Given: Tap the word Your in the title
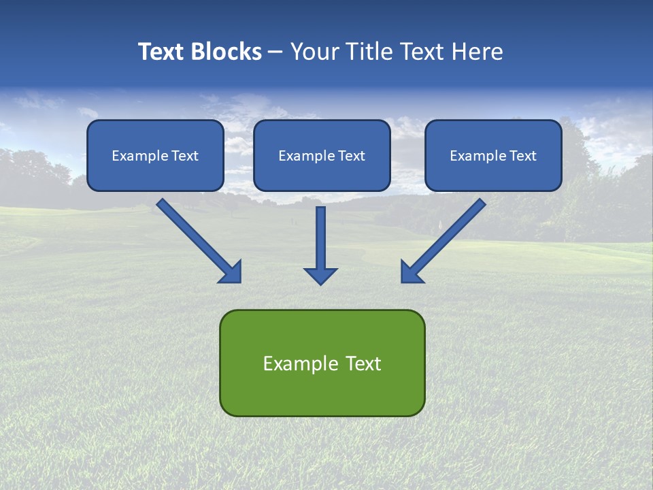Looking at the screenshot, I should [x=314, y=52].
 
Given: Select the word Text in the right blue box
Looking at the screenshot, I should [x=522, y=156].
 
